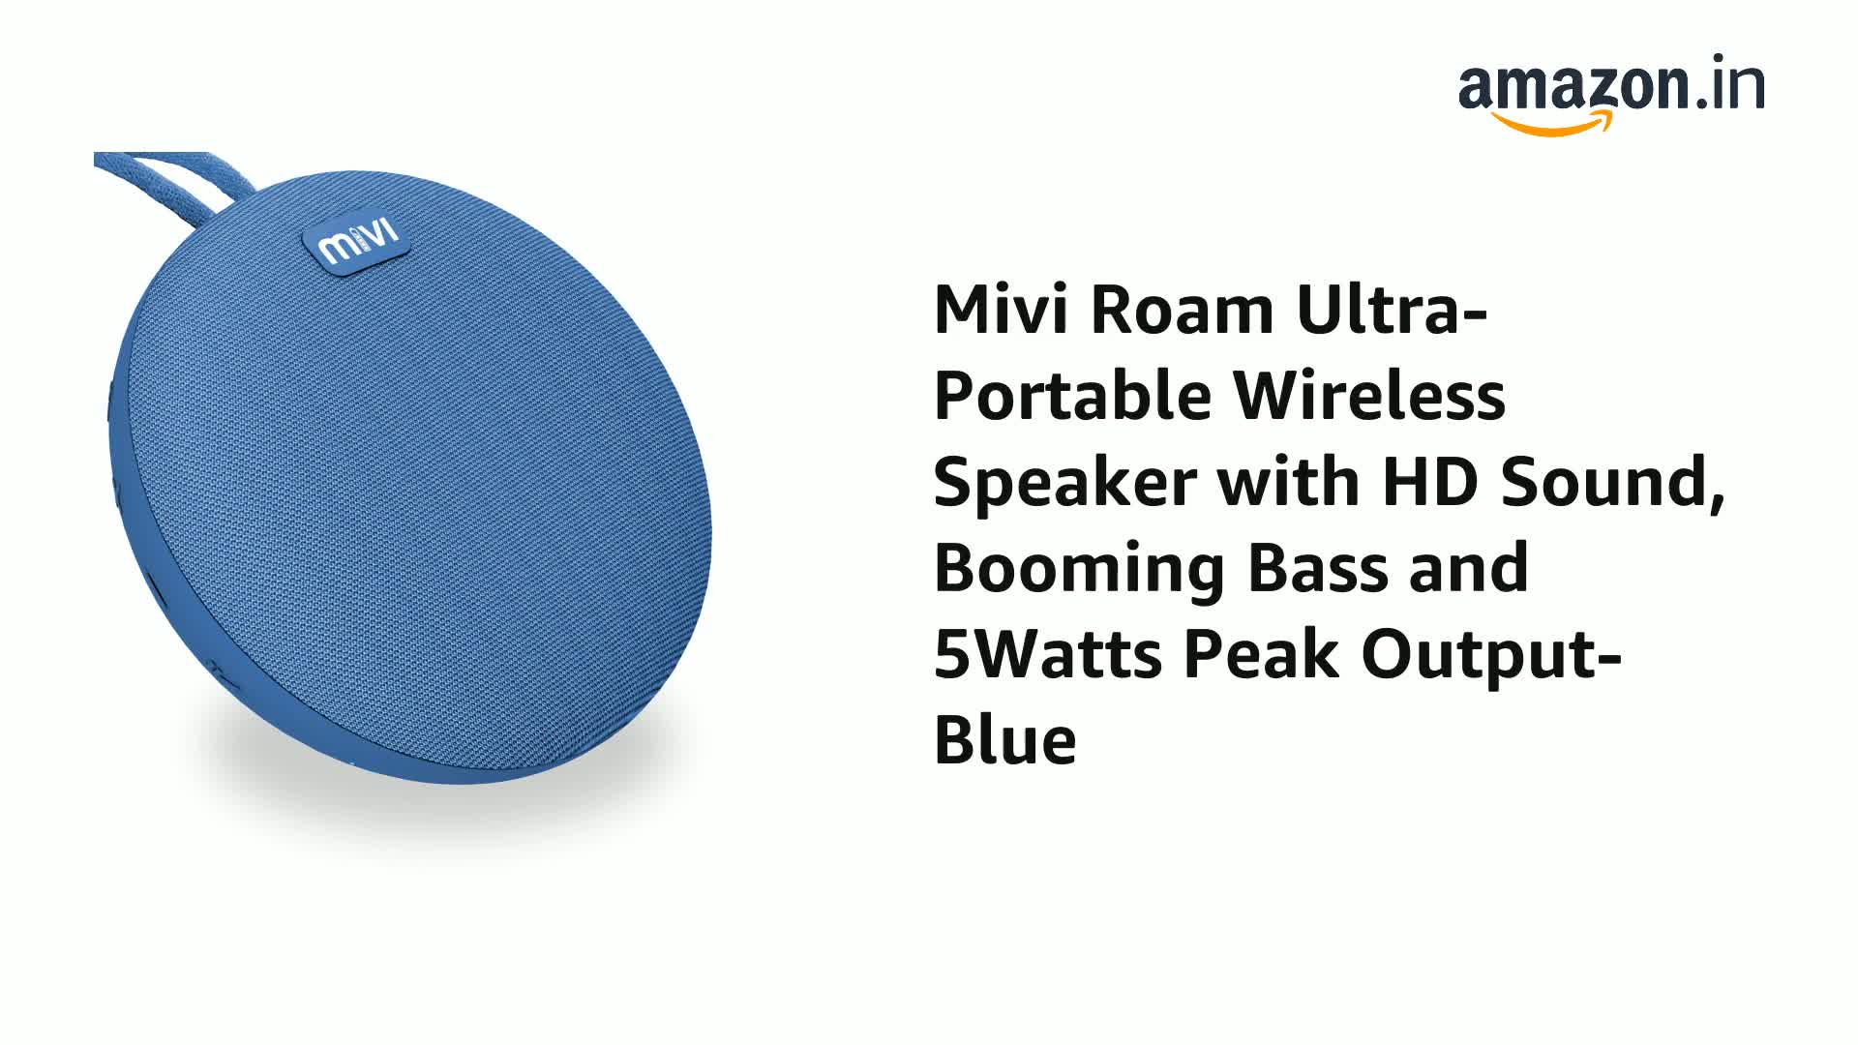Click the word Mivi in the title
(x=1001, y=311)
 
